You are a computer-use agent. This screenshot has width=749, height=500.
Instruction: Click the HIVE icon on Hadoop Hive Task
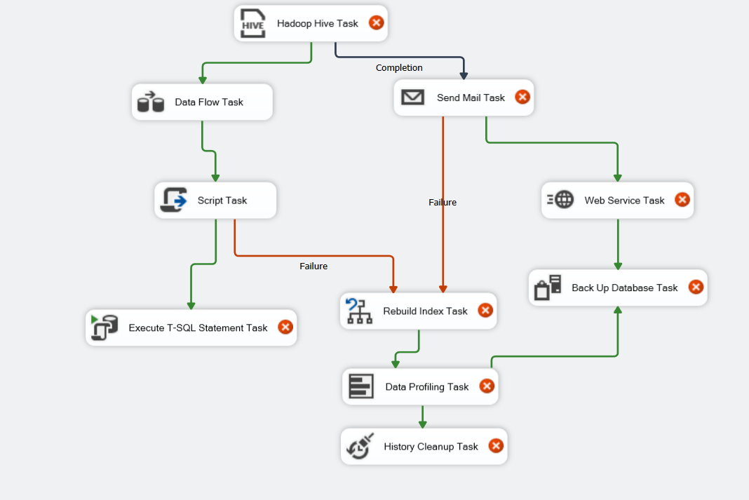(252, 23)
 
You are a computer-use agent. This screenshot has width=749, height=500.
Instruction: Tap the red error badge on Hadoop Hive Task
(377, 22)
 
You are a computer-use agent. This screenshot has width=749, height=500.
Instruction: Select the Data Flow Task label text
(209, 102)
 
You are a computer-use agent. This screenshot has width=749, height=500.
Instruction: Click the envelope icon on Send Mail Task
(412, 97)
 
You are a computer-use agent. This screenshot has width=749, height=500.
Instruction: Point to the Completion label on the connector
(399, 68)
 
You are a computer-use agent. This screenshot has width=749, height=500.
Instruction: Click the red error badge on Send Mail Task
(522, 97)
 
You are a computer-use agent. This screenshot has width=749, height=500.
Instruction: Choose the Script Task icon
(173, 200)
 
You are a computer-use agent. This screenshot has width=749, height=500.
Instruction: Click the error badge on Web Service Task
(682, 200)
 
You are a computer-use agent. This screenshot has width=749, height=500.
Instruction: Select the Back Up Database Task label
(624, 288)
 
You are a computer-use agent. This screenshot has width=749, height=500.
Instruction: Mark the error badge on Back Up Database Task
(696, 287)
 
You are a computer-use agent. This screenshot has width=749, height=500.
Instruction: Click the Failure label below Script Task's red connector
(313, 266)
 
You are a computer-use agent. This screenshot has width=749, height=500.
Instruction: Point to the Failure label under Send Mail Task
(443, 203)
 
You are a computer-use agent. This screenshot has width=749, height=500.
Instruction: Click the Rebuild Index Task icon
(359, 311)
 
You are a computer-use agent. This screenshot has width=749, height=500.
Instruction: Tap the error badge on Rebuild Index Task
(485, 311)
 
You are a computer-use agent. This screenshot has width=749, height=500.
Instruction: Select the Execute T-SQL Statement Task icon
(104, 327)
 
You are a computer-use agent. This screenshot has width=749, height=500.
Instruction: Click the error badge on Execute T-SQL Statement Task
(285, 327)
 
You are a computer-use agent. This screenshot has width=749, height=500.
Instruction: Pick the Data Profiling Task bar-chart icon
(361, 386)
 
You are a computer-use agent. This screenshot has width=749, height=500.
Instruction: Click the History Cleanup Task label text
(431, 447)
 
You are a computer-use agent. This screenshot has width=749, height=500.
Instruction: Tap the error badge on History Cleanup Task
(496, 446)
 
